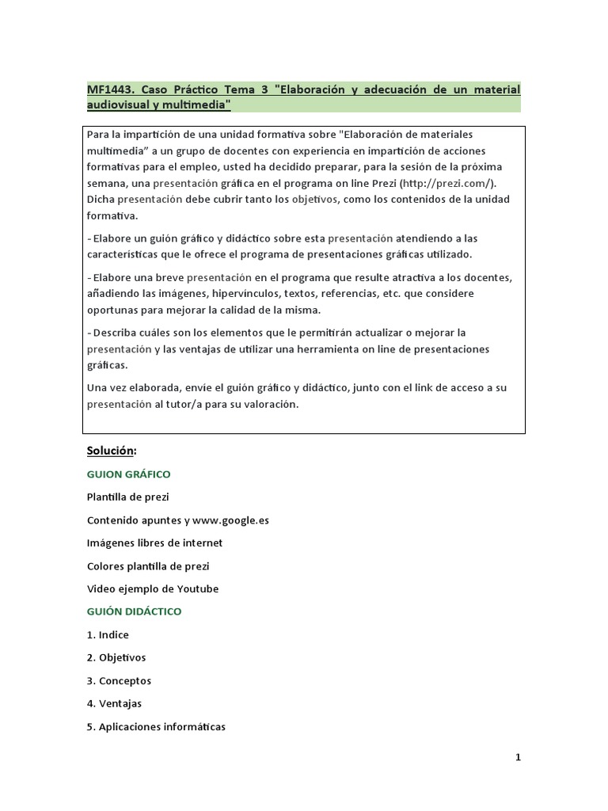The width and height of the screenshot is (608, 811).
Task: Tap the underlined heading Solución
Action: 111,451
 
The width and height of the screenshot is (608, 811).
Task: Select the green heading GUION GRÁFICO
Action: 128,474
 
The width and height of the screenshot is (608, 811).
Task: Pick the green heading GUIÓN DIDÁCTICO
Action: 134,611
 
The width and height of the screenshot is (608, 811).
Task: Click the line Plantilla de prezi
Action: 127,497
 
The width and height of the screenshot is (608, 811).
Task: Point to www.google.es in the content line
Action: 230,520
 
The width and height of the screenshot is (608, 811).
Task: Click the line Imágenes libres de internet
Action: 154,543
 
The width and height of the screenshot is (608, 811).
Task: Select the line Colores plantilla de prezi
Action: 148,566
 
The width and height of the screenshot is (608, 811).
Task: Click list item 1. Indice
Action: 108,634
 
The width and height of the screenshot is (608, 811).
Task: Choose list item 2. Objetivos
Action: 116,657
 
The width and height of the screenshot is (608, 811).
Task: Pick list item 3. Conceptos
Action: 119,680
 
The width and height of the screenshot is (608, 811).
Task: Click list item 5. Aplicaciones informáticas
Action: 156,726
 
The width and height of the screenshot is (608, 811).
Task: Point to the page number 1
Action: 519,757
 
